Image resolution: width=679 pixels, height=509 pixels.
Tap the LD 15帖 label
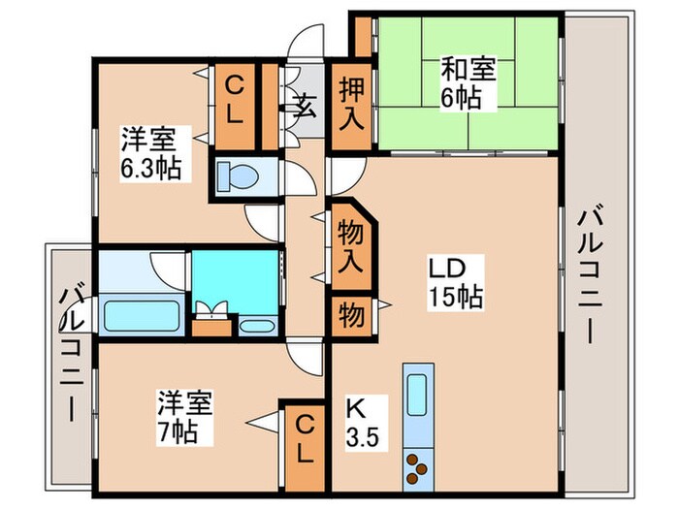pyautogui.click(x=450, y=281)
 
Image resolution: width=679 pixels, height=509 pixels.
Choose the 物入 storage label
pyautogui.click(x=350, y=246)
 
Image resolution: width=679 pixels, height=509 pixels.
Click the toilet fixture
pyautogui.click(x=239, y=177)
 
